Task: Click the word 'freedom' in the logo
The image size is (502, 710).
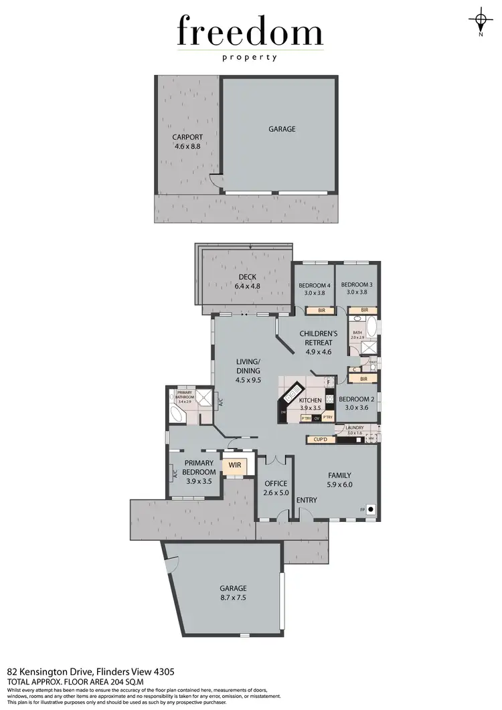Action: pyautogui.click(x=250, y=32)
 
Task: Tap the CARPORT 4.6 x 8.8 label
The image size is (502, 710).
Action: pyautogui.click(x=187, y=141)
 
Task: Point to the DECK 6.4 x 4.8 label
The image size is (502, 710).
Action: pyautogui.click(x=247, y=282)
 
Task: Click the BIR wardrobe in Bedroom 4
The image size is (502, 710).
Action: pyautogui.click(x=321, y=310)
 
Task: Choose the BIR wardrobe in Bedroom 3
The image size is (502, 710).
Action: pyautogui.click(x=363, y=310)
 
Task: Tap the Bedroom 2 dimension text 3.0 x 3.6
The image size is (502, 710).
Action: pyautogui.click(x=357, y=407)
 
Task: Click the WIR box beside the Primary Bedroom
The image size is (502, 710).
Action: pyautogui.click(x=235, y=464)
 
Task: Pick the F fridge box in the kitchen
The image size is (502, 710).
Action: pyautogui.click(x=329, y=382)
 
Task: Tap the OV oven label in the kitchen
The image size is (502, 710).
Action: pyautogui.click(x=317, y=418)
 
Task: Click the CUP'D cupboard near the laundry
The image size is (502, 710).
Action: pyautogui.click(x=319, y=440)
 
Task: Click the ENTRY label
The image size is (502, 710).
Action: pyautogui.click(x=307, y=500)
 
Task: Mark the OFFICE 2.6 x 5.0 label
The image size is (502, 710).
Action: pyautogui.click(x=275, y=489)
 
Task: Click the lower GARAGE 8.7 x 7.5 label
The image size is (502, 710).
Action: pyautogui.click(x=233, y=594)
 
